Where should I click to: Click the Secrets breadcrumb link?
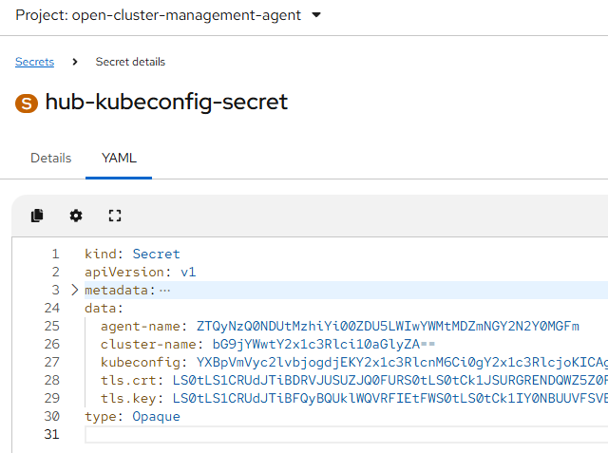point(34,62)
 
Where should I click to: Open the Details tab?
point(50,158)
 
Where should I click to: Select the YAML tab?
point(119,158)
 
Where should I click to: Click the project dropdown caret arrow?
point(316,15)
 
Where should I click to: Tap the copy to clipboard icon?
point(37,216)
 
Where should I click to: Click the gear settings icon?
point(76,216)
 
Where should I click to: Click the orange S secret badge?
point(26,103)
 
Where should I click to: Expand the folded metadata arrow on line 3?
point(75,290)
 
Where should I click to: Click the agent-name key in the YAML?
point(143,326)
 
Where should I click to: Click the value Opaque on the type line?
point(156,416)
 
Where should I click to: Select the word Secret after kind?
point(156,254)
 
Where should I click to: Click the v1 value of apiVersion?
point(188,272)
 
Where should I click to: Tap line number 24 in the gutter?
point(51,308)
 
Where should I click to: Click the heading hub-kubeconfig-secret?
point(166,103)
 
